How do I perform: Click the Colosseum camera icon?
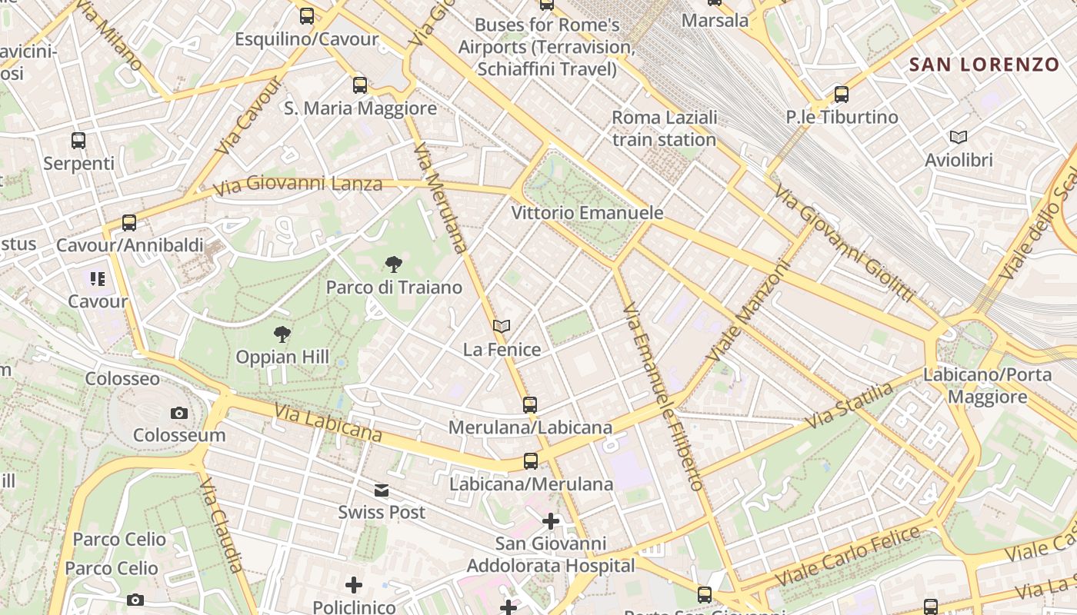(178, 414)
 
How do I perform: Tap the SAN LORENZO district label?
(985, 65)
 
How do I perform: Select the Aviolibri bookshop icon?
(958, 138)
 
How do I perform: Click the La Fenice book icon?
(502, 327)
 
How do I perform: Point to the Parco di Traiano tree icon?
(393, 265)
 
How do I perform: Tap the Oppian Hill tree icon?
(282, 334)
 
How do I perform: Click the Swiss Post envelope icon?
(381, 490)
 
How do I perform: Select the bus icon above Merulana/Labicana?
(529, 404)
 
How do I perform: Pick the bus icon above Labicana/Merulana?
(530, 461)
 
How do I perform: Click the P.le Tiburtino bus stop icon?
(841, 95)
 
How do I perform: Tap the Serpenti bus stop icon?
(78, 141)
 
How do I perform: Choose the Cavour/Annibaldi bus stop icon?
(128, 223)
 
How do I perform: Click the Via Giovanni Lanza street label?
(298, 185)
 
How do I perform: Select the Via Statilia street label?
(850, 406)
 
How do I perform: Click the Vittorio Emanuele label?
(587, 213)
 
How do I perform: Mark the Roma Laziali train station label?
(665, 128)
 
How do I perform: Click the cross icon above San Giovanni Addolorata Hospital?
(550, 521)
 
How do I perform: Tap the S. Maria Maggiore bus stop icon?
(359, 85)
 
